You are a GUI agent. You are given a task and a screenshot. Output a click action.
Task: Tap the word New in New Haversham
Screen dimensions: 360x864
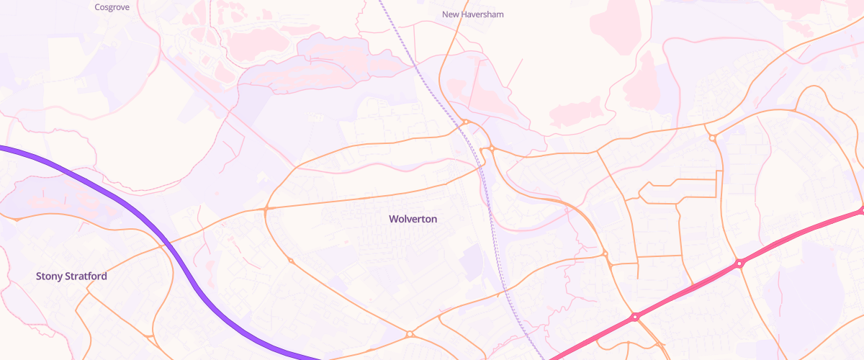pos(451,14)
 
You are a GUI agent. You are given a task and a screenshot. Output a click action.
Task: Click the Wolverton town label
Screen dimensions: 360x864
pos(413,219)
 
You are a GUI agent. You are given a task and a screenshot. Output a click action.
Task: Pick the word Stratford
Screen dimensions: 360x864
pos(89,276)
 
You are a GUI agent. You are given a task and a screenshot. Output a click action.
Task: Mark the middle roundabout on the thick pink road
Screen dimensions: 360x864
pos(739,264)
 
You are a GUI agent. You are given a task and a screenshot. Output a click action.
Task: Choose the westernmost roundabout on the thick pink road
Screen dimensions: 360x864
pos(636,317)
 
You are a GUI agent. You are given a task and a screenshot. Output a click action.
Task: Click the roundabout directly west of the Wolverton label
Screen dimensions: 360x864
pos(266,208)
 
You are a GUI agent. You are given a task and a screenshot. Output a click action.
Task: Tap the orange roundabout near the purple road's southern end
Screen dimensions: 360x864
pos(410,334)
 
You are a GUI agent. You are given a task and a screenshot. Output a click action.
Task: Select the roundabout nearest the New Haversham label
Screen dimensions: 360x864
pos(466,122)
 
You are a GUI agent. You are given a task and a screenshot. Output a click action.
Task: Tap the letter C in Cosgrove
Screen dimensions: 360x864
pos(98,7)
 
